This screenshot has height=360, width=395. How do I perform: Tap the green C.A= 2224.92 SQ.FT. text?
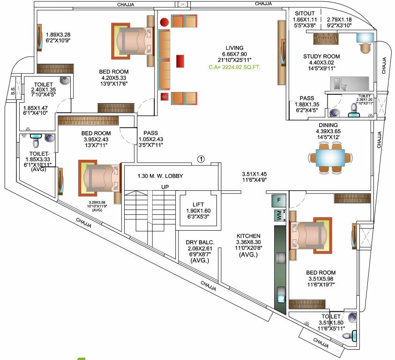(x=234, y=67)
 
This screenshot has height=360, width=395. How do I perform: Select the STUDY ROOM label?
(x=321, y=57)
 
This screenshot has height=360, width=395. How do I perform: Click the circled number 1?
(x=201, y=159)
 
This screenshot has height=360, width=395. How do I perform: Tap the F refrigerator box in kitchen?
(x=278, y=200)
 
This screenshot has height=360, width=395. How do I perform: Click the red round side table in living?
(x=164, y=22)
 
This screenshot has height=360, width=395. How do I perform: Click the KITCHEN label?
(x=248, y=236)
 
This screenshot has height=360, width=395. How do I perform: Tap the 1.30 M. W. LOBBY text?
(x=160, y=176)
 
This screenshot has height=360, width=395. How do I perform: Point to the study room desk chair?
(x=365, y=47)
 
